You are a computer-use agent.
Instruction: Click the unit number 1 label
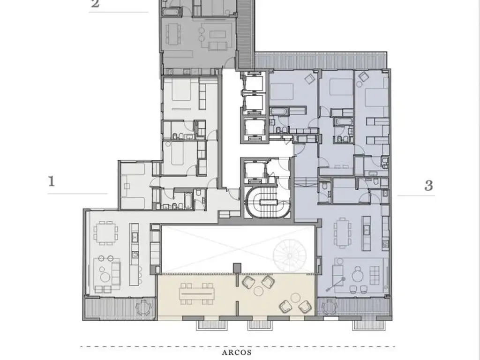point(52,181)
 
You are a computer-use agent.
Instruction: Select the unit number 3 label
point(428,186)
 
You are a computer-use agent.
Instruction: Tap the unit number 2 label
point(95,4)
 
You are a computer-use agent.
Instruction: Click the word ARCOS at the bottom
point(237,352)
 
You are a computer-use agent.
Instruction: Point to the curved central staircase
point(268,202)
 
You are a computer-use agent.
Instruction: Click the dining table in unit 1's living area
point(105,232)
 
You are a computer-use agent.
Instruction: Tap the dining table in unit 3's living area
point(342,232)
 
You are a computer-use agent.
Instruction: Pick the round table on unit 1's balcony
point(143,307)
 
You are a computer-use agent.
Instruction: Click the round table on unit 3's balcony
point(330,307)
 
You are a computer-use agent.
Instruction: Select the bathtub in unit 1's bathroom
point(187,201)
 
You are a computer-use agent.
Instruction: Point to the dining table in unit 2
point(173,34)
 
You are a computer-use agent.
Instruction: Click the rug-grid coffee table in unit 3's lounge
point(375,275)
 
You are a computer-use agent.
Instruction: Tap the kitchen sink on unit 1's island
point(135,236)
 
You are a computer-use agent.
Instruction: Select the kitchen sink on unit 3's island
point(367,230)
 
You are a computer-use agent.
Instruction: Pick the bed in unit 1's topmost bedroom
point(181,89)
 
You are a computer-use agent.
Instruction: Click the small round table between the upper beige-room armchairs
point(259,291)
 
